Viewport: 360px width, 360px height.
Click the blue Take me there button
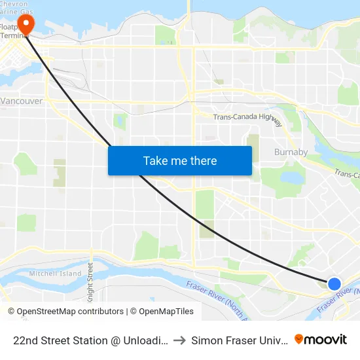[x=180, y=160]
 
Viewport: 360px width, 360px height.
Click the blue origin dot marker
[x=334, y=283]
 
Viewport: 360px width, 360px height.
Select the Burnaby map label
[x=291, y=152]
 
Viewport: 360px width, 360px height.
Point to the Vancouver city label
[x=22, y=101]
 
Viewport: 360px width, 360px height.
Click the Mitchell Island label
[x=55, y=274]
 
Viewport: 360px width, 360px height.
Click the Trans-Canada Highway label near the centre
[x=247, y=118]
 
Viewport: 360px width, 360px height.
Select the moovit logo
[x=321, y=340]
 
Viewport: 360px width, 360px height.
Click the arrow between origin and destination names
[x=179, y=340]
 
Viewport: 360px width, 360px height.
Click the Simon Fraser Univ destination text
[x=240, y=340]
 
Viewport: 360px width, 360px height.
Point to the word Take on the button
[x=156, y=160]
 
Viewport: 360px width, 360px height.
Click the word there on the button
[x=200, y=160]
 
